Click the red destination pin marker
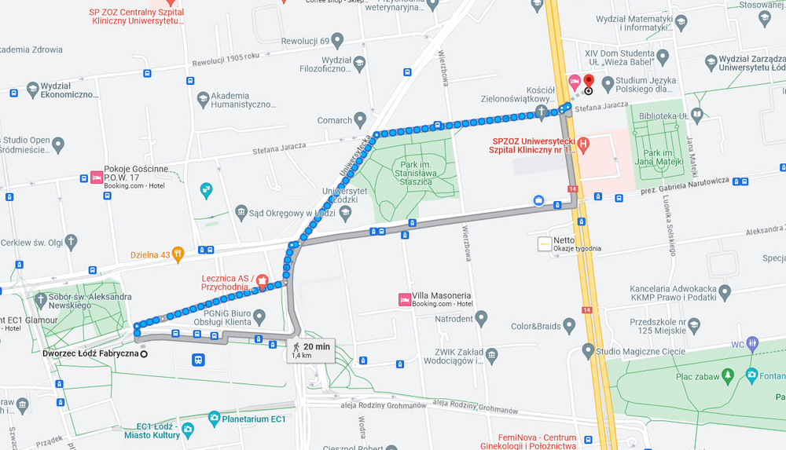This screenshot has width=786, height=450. tap(589, 82)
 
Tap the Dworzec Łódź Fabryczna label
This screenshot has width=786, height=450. tap(90, 354)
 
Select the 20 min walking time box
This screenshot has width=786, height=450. tap(311, 349)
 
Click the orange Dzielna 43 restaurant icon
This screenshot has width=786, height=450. tap(178, 254)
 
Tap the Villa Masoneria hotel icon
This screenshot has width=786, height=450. tap(404, 299)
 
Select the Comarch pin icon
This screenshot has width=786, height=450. tap(361, 120)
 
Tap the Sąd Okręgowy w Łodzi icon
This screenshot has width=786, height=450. tap(241, 211)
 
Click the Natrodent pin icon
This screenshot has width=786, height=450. tap(481, 319)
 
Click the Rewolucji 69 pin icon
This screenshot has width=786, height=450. tap(338, 40)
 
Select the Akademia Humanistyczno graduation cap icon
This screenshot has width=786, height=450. tap(204, 98)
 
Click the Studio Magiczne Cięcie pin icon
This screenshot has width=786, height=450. tap(587, 349)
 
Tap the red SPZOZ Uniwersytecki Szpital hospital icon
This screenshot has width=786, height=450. tap(583, 144)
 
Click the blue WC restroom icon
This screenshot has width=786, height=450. tap(752, 343)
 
